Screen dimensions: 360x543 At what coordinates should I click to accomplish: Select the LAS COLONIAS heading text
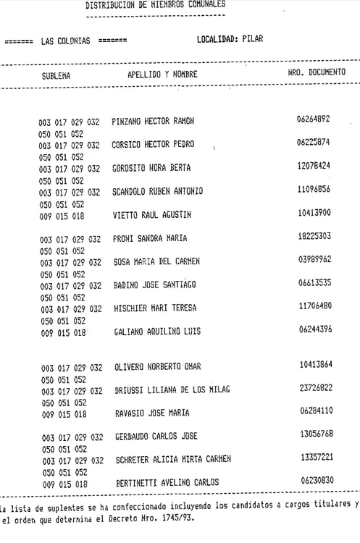click(x=65, y=41)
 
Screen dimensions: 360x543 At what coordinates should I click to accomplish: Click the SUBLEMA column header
click(x=55, y=74)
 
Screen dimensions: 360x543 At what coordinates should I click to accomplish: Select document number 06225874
click(x=314, y=143)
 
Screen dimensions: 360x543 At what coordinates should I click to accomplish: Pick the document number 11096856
click(x=314, y=190)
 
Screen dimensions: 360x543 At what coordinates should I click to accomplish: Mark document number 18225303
click(x=314, y=237)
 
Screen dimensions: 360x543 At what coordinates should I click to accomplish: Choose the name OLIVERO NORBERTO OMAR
click(x=158, y=367)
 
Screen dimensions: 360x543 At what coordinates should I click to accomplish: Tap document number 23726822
click(x=314, y=389)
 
